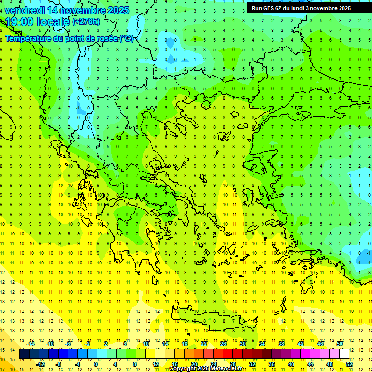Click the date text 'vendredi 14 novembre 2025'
67,10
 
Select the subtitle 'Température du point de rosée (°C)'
69,38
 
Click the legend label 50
340,344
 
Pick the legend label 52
349,364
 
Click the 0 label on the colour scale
96,364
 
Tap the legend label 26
223,344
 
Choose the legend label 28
233,364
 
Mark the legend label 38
281,344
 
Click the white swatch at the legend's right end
344,354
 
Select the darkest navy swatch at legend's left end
24,354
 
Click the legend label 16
175,364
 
